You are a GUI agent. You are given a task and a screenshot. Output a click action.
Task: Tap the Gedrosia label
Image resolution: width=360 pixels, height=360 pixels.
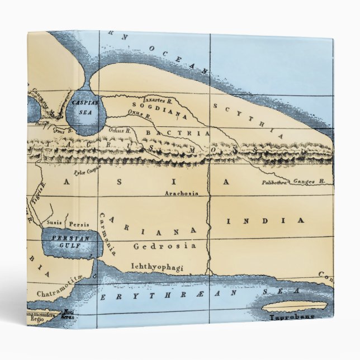[164, 246]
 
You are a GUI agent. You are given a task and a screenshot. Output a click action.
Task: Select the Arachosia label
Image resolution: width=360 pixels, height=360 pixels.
[182, 193]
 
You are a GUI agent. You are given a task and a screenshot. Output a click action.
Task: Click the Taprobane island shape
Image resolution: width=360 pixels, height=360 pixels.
[295, 306]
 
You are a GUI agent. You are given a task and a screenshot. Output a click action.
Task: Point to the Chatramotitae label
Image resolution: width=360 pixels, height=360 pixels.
[60, 292]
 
